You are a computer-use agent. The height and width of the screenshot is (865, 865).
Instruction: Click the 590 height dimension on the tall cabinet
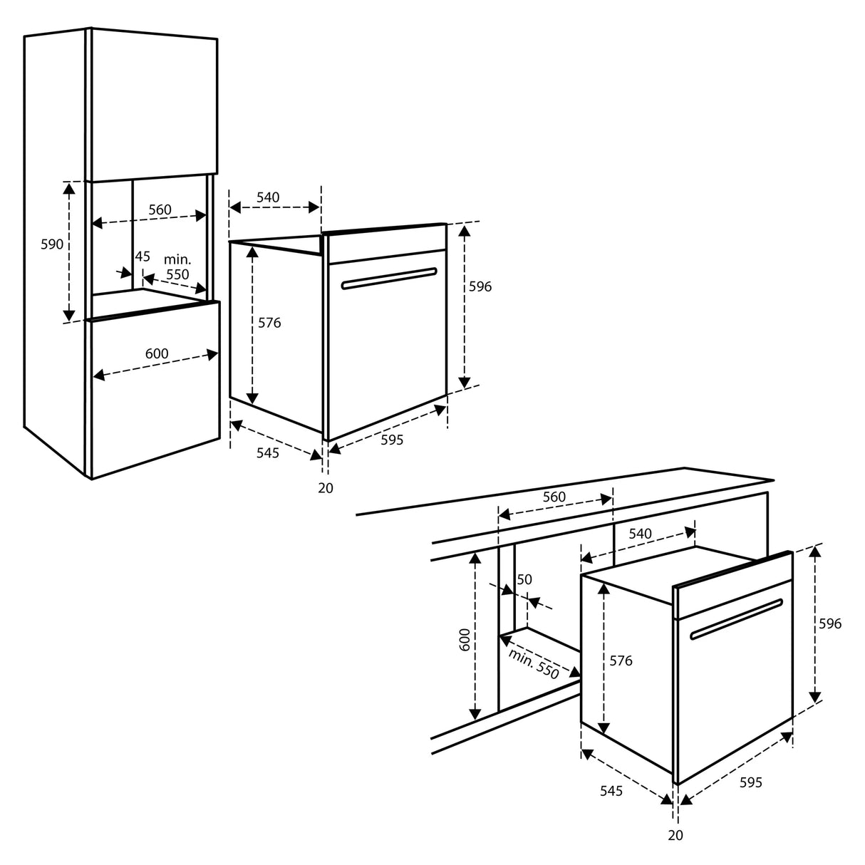coord(52,244)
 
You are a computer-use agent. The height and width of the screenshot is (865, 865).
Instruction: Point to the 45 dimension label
coord(143,257)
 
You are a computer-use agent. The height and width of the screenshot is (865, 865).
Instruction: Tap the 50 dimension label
coord(524,580)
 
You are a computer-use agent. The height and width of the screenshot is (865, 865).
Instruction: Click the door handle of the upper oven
coord(389,279)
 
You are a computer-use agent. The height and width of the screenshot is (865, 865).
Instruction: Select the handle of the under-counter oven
coord(737,619)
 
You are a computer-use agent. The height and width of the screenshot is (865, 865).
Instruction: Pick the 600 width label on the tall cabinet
coord(157,354)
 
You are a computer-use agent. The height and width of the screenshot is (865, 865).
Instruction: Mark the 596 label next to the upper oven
coord(480,286)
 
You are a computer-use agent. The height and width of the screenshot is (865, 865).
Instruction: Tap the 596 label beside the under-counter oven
coord(829,624)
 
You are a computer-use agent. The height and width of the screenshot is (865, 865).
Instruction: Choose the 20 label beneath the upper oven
coord(326,488)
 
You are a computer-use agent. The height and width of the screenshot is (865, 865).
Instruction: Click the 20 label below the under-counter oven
coord(675,835)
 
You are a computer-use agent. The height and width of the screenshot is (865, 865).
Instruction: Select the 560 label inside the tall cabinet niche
coord(160,209)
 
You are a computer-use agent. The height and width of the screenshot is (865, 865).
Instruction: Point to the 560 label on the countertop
coord(554,497)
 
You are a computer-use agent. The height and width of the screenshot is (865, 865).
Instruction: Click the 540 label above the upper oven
coord(267,197)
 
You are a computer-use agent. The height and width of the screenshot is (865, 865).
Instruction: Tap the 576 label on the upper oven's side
coord(269,323)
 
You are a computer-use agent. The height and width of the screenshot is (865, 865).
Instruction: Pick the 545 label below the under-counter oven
coord(611,791)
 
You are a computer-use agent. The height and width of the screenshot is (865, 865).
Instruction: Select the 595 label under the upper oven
coord(392,440)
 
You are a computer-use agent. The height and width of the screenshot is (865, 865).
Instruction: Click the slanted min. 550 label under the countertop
coord(534,663)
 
